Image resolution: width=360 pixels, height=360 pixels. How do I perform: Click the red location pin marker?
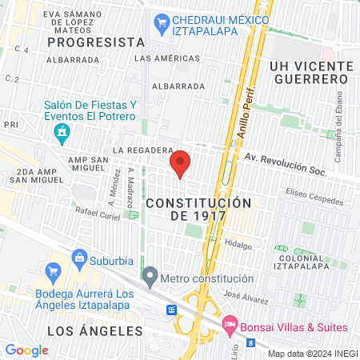181,162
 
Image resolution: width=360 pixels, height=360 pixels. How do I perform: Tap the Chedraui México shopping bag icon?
162,22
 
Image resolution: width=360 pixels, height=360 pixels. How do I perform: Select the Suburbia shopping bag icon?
79,257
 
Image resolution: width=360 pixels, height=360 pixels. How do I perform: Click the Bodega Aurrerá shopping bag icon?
53,271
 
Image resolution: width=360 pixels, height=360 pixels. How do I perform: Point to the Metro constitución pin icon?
150,277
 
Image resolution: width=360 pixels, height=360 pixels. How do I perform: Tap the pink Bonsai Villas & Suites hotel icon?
231,326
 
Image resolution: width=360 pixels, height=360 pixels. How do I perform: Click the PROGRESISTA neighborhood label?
96,42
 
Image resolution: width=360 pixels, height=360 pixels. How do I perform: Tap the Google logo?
26,350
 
